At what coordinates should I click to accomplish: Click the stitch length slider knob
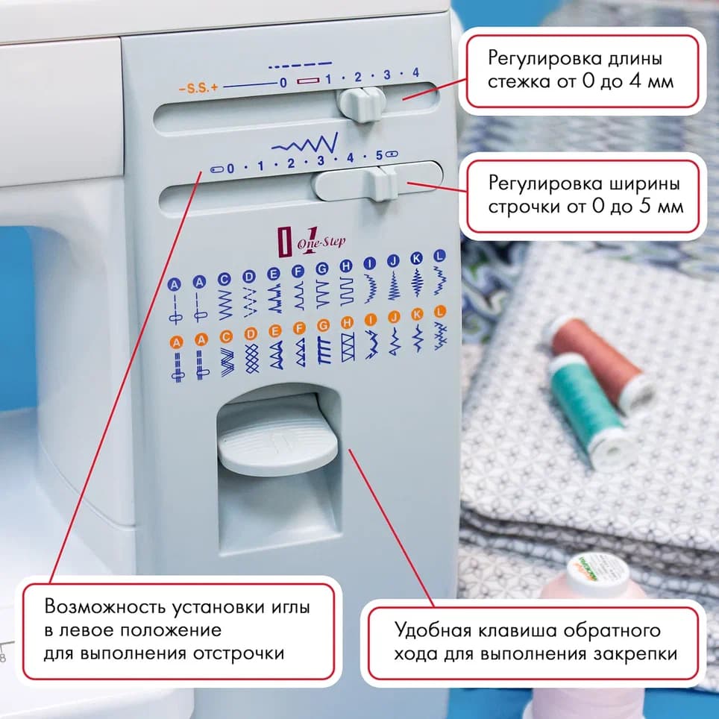pos(361,104)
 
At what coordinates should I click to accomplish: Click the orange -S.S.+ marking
pos(198,87)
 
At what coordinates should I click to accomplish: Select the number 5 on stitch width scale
pos(379,155)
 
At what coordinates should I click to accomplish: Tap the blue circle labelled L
pos(439,256)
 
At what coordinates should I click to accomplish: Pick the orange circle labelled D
pos(250,333)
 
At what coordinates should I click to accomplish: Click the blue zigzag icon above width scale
pos(306,141)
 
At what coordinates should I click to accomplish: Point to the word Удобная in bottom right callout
pos(433,631)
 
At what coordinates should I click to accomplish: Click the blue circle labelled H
pos(345,266)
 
